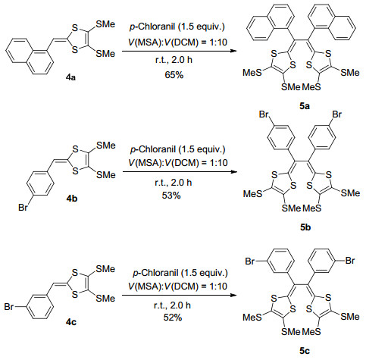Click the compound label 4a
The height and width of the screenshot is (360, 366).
pyautogui.click(x=70, y=77)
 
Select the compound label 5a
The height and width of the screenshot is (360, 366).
pyautogui.click(x=305, y=106)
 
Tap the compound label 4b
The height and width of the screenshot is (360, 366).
pyautogui.click(x=72, y=199)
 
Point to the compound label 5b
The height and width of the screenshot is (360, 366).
pyautogui.click(x=305, y=227)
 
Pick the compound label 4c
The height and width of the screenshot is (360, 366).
pyautogui.click(x=71, y=322)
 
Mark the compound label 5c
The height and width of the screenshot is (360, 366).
pyautogui.click(x=305, y=351)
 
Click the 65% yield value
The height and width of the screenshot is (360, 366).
pyautogui.click(x=174, y=75)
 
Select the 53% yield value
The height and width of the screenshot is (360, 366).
pyautogui.click(x=171, y=196)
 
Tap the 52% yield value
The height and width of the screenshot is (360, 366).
pyautogui.click(x=173, y=318)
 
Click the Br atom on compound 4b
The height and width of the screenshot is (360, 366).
pyautogui.click(x=23, y=208)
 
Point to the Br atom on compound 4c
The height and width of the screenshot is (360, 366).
pyautogui.click(x=9, y=307)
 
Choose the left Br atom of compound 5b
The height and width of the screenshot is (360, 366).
pyautogui.click(x=264, y=114)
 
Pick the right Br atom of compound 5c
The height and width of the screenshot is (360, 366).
pyautogui.click(x=350, y=261)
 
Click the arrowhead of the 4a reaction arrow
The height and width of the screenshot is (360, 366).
pyautogui.click(x=234, y=51)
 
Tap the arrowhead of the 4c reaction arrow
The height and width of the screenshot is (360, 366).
pyautogui.click(x=233, y=295)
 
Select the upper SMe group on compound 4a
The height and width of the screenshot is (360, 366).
pyautogui.click(x=105, y=24)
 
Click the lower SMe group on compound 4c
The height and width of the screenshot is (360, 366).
pyautogui.click(x=105, y=299)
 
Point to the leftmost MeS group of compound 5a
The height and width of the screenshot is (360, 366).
pyautogui.click(x=252, y=73)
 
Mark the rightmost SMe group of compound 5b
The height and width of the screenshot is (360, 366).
pyautogui.click(x=350, y=193)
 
